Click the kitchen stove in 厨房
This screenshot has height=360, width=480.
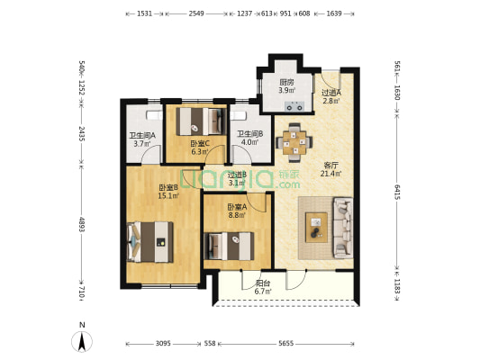pyautogui.click(x=294, y=106)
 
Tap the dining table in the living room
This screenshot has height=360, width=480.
pyautogui.click(x=294, y=142)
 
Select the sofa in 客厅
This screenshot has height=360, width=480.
pyautogui.click(x=343, y=229)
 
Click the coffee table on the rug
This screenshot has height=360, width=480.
pyautogui.click(x=316, y=228)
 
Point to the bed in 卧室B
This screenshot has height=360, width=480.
pyautogui.click(x=150, y=242)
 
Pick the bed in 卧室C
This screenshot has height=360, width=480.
pyautogui.click(x=201, y=121)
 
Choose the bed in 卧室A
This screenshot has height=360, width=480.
pyautogui.click(x=229, y=247)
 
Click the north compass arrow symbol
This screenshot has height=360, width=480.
pyautogui.click(x=82, y=341)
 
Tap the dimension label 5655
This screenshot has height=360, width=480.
pyautogui.click(x=285, y=344)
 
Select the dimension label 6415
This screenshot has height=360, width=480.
pyautogui.click(x=397, y=192)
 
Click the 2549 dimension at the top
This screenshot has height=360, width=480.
pyautogui.click(x=196, y=13)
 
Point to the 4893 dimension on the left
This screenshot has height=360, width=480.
pyautogui.click(x=82, y=224)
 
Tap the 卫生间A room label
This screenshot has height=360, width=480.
pyautogui.click(x=142, y=135)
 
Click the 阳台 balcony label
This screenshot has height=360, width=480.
pyautogui.click(x=263, y=283)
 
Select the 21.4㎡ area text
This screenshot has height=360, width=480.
pyautogui.click(x=331, y=174)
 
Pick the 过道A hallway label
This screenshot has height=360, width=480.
pyautogui.click(x=331, y=92)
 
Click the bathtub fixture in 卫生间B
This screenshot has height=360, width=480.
pyautogui.click(x=239, y=115)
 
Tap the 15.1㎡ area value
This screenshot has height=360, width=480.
pyautogui.click(x=168, y=195)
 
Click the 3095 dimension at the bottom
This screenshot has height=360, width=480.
pyautogui.click(x=163, y=344)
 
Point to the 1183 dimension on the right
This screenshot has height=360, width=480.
pyautogui.click(x=397, y=285)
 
